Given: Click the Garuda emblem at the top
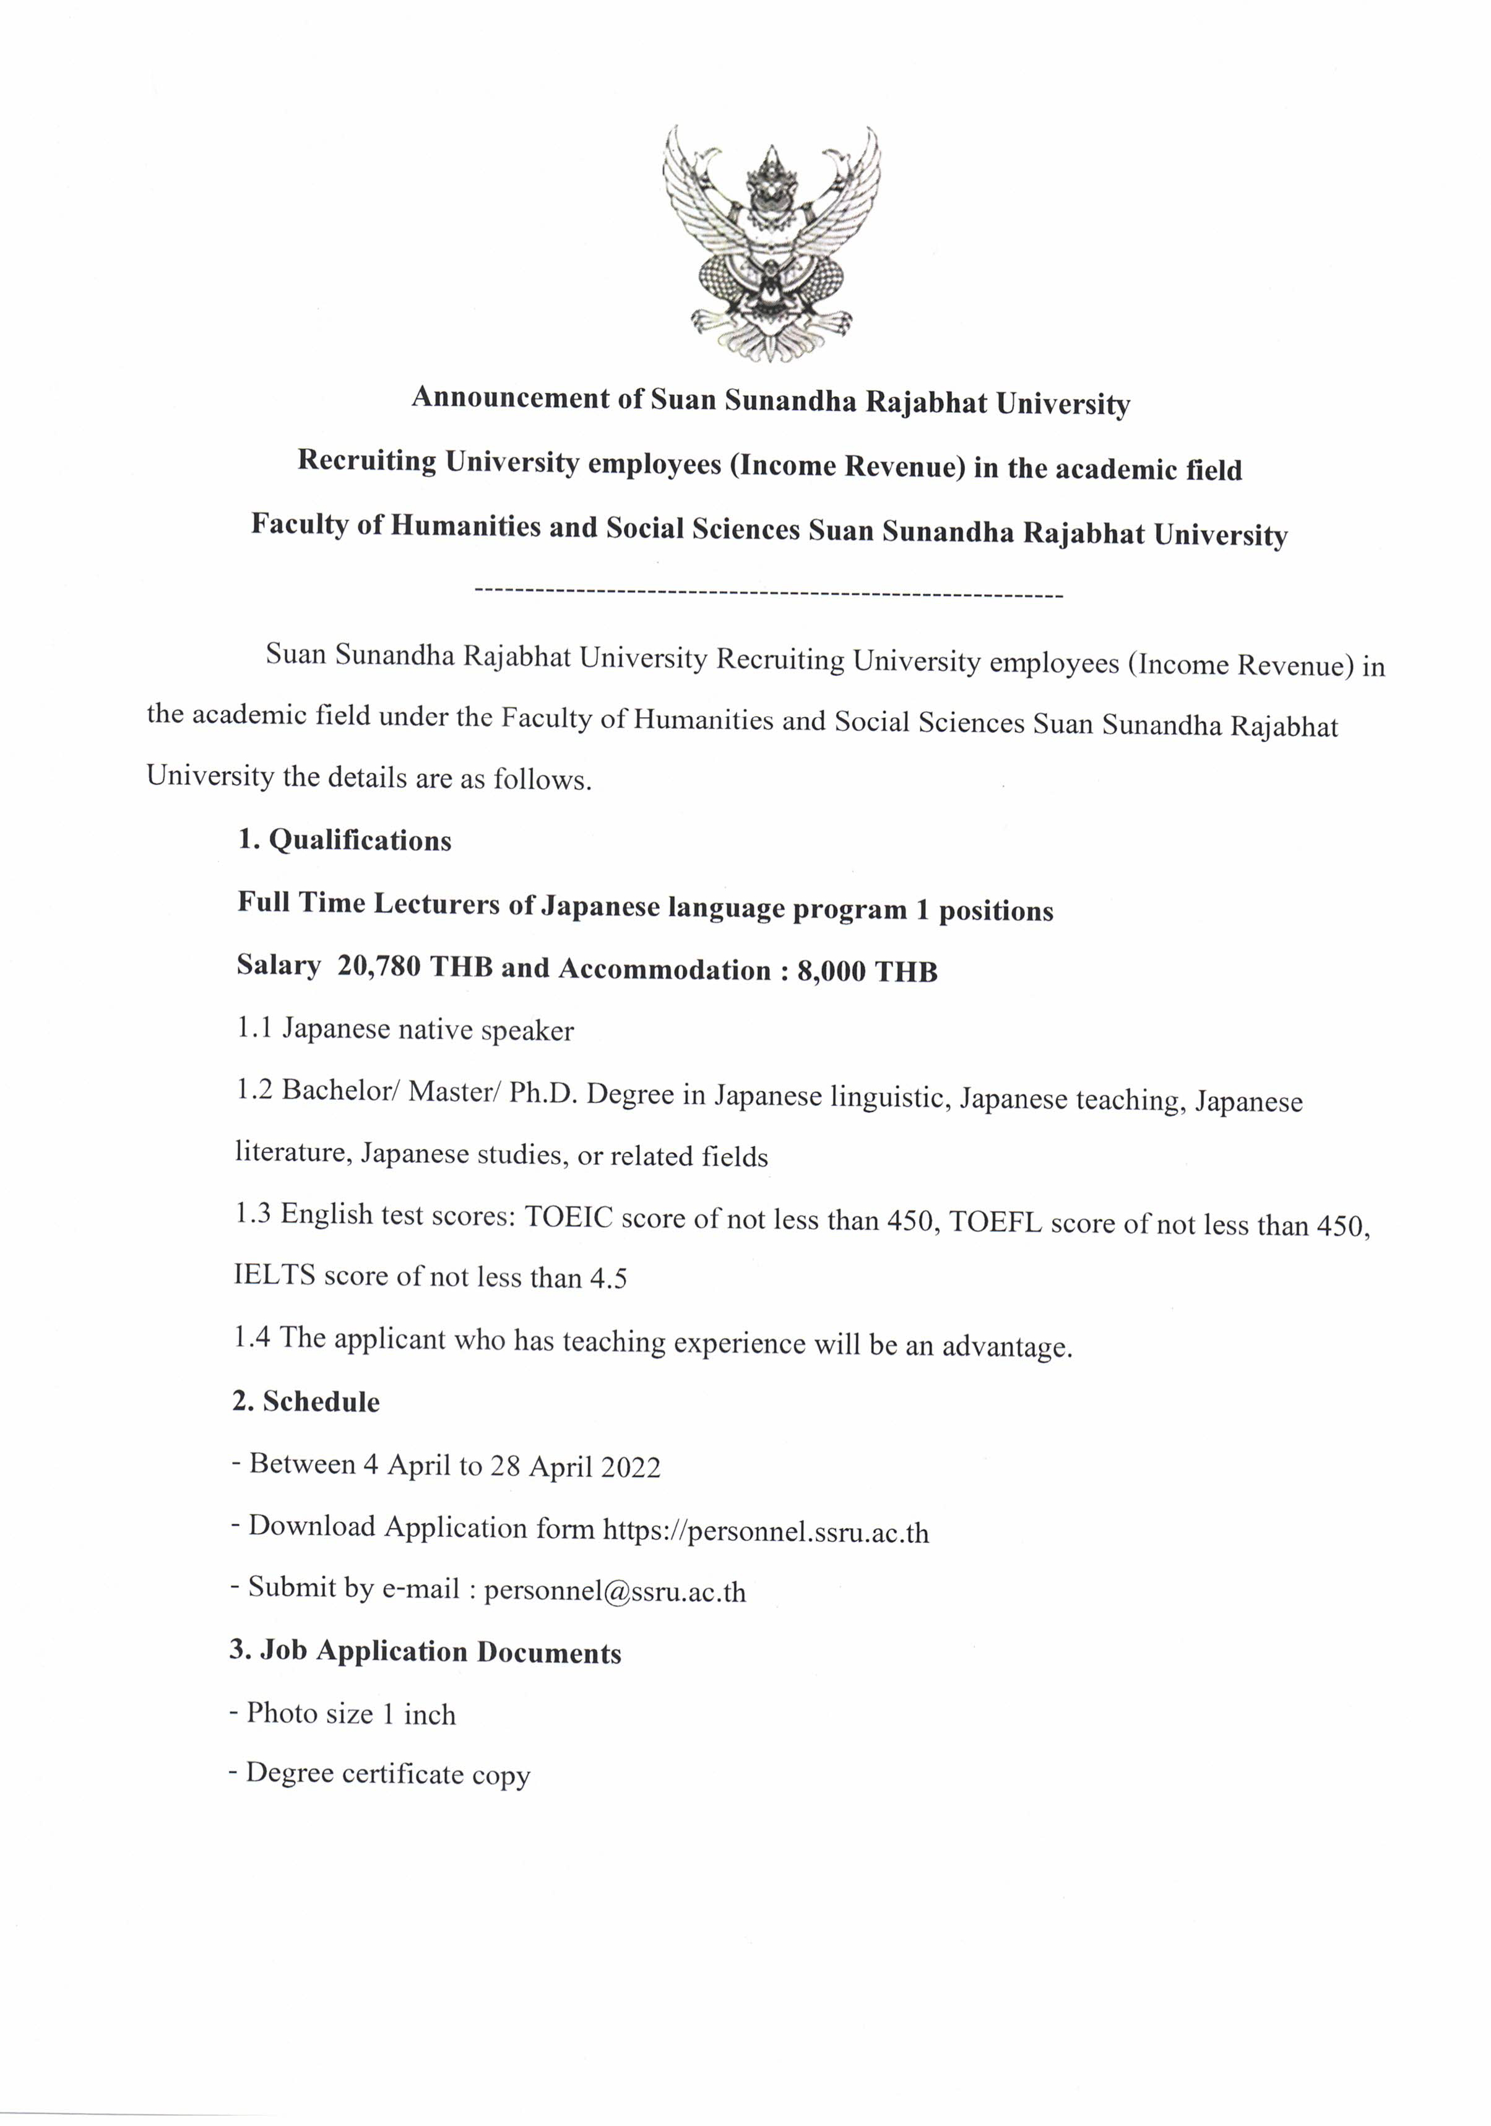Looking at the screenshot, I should [x=771, y=243].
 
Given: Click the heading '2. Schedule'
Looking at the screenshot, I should [x=306, y=1402].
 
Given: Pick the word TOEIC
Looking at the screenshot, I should [x=569, y=1217].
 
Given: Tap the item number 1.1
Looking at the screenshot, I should [x=254, y=1028].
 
